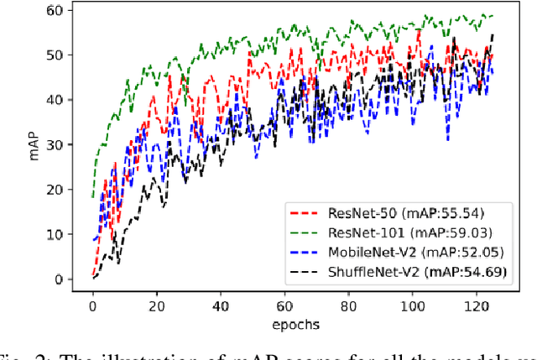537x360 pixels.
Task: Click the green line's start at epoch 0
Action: pos(93,198)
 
